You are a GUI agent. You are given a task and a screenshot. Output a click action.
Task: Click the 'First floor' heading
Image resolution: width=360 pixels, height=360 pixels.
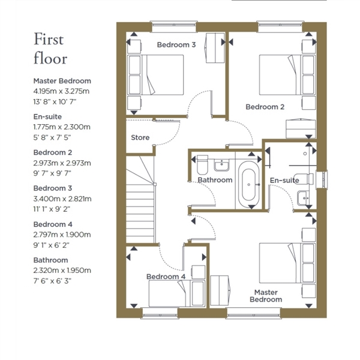[x=50, y=49]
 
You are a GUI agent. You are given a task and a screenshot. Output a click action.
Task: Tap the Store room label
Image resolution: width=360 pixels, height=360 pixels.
[x=140, y=137]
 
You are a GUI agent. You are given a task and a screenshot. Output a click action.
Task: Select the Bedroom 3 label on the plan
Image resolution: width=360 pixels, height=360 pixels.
[x=176, y=44]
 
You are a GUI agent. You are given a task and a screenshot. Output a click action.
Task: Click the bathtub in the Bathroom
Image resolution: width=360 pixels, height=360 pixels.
[x=248, y=184]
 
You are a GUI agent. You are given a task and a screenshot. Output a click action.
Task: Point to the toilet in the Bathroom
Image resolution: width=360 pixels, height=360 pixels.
[x=202, y=165]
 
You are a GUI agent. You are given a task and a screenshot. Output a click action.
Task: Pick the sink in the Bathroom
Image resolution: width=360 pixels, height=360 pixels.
[x=221, y=165]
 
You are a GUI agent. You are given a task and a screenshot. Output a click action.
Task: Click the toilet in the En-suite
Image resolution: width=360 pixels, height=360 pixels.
[x=304, y=179]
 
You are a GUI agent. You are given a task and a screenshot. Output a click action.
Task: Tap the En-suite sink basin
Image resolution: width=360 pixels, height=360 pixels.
[x=303, y=198]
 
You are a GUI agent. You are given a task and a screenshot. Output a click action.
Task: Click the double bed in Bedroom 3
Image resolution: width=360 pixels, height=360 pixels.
[x=155, y=74]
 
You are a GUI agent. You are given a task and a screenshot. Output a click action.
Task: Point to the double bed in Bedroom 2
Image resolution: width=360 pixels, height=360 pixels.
[x=287, y=74]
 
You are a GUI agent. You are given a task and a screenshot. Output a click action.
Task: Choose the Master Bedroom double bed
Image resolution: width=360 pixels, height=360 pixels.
[x=287, y=263]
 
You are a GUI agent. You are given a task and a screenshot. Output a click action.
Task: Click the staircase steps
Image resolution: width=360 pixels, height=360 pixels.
[x=140, y=199]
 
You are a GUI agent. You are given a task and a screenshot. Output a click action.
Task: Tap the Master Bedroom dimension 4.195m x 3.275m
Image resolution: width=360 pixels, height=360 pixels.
[x=61, y=91]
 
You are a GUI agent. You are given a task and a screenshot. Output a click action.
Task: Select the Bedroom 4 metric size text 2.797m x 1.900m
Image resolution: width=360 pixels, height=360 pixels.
[x=62, y=235]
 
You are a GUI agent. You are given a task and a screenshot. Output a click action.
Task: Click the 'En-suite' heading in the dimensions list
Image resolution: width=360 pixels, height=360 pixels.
[x=47, y=116]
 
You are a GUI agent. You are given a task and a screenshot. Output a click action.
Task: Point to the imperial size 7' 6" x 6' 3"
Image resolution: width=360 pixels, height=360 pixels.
[x=52, y=281]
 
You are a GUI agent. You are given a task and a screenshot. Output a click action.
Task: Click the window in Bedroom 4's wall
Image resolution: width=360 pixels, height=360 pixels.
[x=160, y=313]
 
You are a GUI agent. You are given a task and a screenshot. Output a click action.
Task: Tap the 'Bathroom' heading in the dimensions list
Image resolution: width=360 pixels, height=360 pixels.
[x=51, y=260]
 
